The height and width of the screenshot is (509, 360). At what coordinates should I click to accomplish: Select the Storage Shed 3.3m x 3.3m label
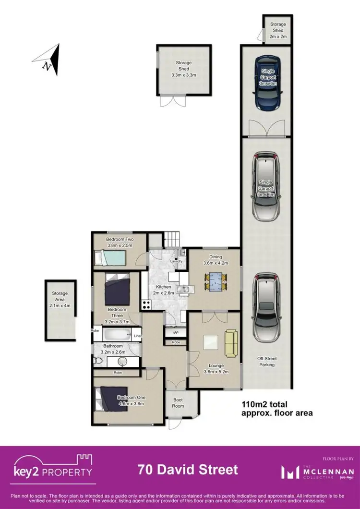183,69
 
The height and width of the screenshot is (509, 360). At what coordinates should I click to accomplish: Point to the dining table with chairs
215,281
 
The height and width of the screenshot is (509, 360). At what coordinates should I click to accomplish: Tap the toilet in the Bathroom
97,361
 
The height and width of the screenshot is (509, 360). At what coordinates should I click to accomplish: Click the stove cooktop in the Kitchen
146,304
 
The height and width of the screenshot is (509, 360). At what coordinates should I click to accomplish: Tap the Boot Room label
178,403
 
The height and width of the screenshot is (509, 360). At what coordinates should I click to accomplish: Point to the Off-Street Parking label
267,361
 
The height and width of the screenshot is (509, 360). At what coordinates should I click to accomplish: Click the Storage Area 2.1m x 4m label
60,296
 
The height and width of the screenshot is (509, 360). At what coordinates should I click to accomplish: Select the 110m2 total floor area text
276,409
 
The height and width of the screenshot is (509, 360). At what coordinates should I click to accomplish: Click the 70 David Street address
188,469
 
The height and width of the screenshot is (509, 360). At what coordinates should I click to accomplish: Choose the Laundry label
176,261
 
